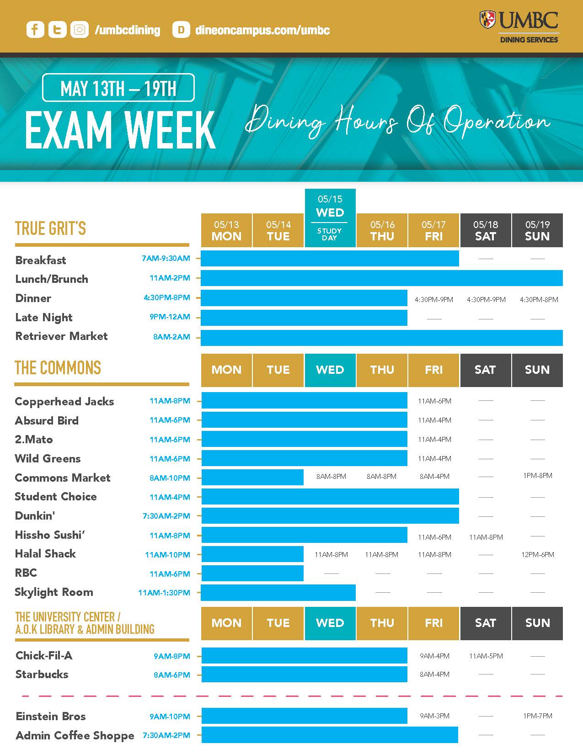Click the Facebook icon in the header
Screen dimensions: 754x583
coord(35,30)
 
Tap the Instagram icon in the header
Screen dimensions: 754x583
coord(80,30)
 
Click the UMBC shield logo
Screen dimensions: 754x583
coord(487,20)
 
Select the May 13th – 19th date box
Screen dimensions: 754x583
coord(118,88)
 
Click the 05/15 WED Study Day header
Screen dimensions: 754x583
coord(330,218)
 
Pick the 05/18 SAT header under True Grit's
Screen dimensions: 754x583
coord(485,230)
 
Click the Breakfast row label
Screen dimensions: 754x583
coord(41,260)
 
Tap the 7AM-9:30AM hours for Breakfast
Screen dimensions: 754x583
coord(166,258)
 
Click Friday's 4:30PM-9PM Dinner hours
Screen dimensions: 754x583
coord(433,300)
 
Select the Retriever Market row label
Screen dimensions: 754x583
coord(62,336)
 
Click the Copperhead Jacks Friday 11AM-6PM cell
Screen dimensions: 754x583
coord(434,401)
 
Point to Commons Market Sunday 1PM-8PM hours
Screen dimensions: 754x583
coord(537,476)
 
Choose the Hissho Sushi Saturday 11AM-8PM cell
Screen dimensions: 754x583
coord(486,537)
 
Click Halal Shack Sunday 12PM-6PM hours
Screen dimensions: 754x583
coord(537,555)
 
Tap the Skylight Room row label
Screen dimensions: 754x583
coord(54,592)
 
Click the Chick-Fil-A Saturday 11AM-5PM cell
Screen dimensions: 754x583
coord(486,656)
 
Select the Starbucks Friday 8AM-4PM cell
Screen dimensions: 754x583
coord(434,674)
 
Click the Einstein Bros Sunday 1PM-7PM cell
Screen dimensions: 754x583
coord(537,716)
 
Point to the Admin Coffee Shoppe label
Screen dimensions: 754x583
coord(75,736)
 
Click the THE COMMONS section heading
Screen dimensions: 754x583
coord(58,368)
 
